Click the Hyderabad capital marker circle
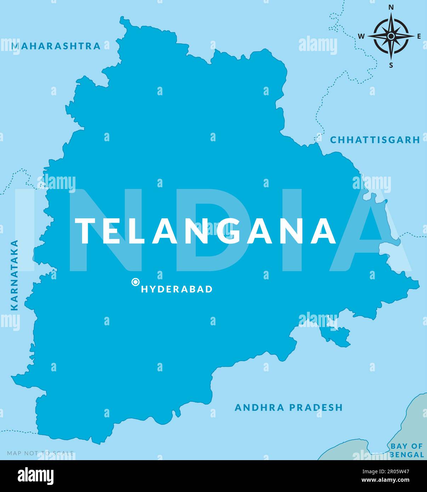pyautogui.click(x=135, y=282)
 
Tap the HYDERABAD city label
pyautogui.click(x=177, y=289)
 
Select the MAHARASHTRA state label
pyautogui.click(x=56, y=46)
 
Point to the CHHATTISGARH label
pyautogui.click(x=375, y=140)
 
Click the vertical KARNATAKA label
pyautogui.click(x=15, y=275)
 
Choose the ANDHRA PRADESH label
pyautogui.click(x=289, y=407)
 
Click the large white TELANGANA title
pyautogui.click(x=206, y=231)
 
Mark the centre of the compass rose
pyautogui.click(x=391, y=36)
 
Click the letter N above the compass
pyautogui.click(x=391, y=7)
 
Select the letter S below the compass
pyautogui.click(x=391, y=65)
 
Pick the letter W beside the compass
pyautogui.click(x=361, y=36)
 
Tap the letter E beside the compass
pyautogui.click(x=419, y=36)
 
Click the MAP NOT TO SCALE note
pyautogui.click(x=40, y=453)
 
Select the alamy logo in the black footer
pyautogui.click(x=36, y=476)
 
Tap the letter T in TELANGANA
pyautogui.click(x=86, y=231)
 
